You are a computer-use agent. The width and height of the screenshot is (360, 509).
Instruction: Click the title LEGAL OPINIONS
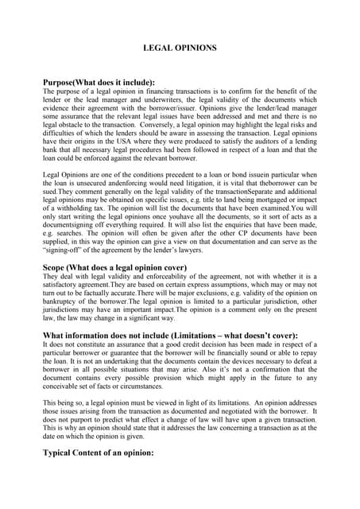click(180, 49)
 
